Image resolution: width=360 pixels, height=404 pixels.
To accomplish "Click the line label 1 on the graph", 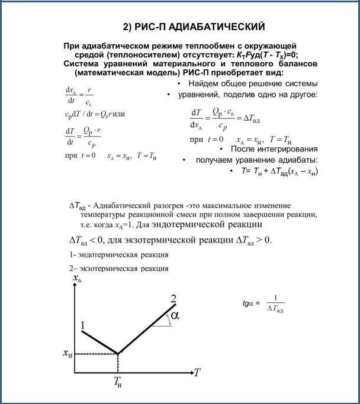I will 83,325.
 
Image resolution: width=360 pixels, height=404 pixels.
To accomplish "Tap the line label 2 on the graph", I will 173,298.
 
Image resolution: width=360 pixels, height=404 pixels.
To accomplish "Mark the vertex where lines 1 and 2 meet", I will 118,354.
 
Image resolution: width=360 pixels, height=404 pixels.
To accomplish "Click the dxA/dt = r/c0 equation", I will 79,96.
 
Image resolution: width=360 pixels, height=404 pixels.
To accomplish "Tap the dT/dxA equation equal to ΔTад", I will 226,118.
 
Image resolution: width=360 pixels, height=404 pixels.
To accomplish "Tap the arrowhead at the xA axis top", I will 75,286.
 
